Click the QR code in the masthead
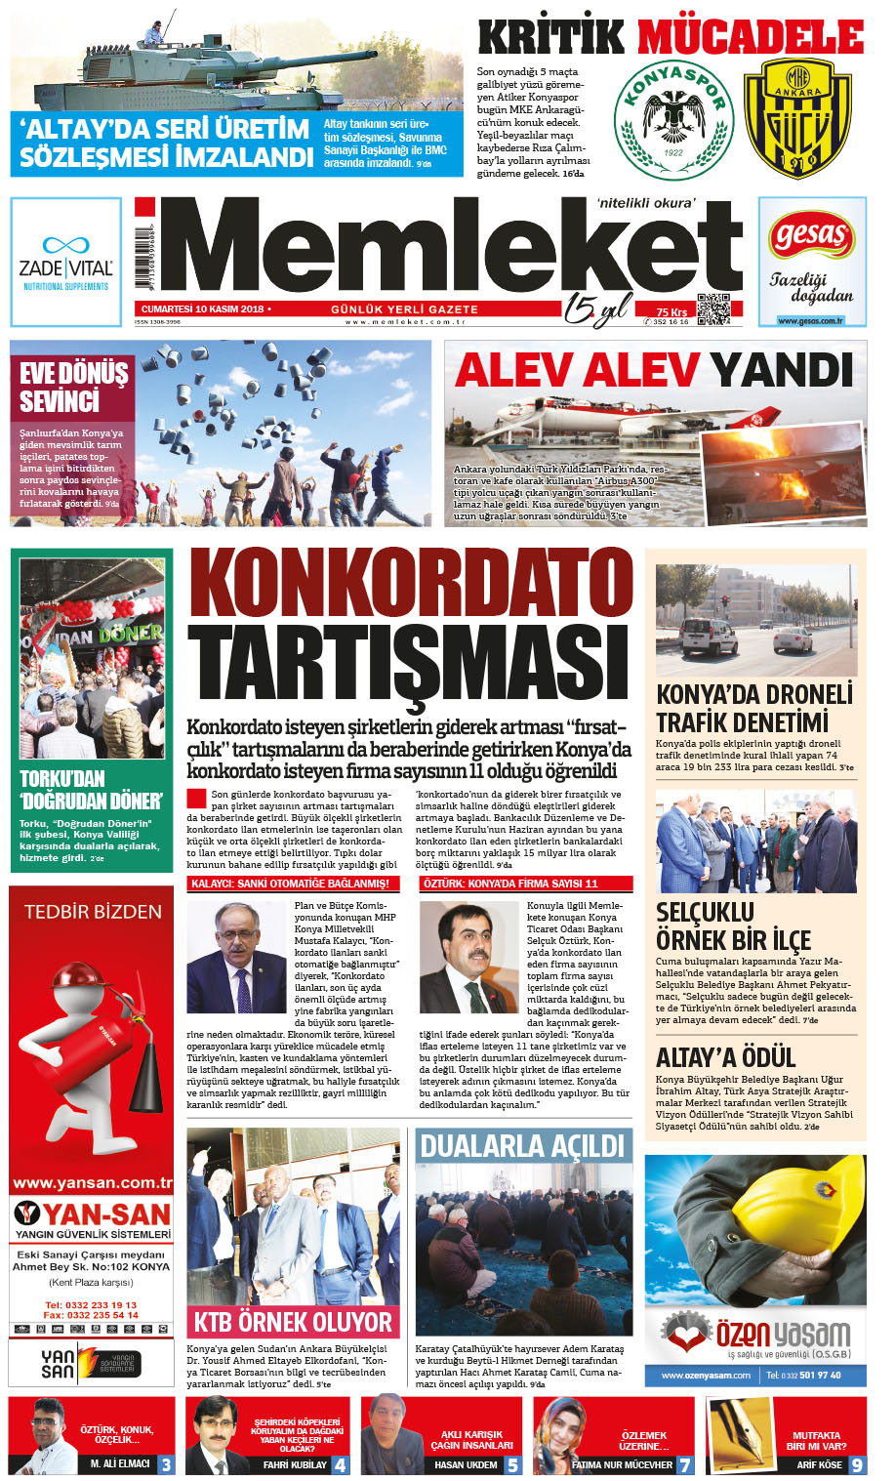pos(713,309)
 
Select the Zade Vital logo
pos(65,261)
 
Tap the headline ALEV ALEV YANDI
pos(654,370)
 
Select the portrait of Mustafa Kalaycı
pos(236,957)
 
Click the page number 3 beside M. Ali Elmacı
pos(167,1464)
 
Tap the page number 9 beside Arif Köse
pos(857,1464)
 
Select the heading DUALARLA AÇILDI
pos(522,1145)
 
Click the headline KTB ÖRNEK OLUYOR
pos(293,1322)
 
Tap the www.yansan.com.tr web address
pos(92,1183)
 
